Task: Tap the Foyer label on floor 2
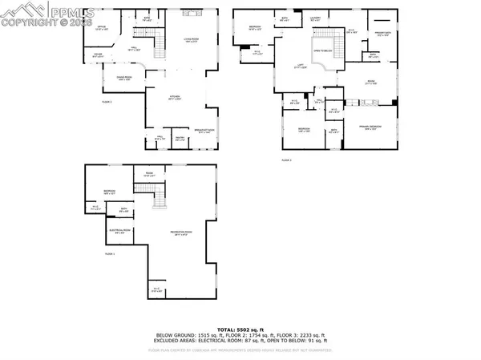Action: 97,56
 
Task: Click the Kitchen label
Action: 175,99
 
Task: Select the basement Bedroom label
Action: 109,192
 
